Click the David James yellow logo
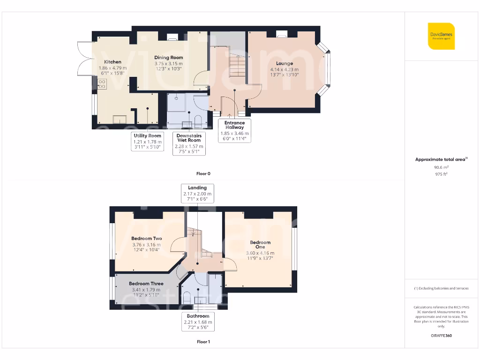coord(441,36)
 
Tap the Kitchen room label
coord(112,62)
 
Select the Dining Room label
coord(168,58)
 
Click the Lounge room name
coord(284,64)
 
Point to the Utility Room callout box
coord(147,141)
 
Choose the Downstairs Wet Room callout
coord(188,143)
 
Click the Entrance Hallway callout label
coord(234,130)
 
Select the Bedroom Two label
coord(146,239)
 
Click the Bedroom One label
coord(260,245)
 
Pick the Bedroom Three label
coord(146,284)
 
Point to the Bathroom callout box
coord(197,322)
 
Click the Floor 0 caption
coord(203,174)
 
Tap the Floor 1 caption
coord(203,342)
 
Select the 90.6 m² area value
coord(441,167)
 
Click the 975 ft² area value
coord(441,174)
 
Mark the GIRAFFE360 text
coord(441,336)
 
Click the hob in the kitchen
coord(102,84)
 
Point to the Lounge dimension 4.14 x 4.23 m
coord(284,69)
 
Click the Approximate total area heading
coord(441,159)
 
